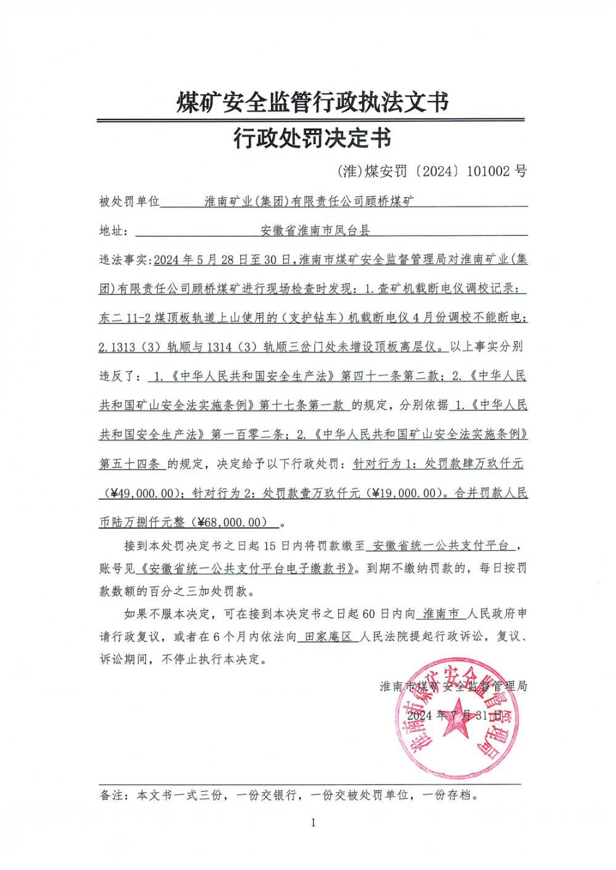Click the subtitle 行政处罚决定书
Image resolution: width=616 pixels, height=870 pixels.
coord(312,138)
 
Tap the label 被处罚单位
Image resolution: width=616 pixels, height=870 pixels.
coord(129,201)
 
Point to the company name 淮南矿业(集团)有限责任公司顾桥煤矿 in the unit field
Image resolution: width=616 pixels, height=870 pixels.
coord(309,201)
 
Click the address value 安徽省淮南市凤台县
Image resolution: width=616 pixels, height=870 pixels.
coord(315,230)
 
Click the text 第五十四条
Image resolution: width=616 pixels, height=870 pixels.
coord(130,464)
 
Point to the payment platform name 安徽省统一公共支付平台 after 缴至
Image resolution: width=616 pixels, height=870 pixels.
coord(441,545)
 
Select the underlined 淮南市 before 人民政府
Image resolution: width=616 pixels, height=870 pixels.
coord(441,614)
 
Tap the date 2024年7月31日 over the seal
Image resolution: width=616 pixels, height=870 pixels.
coord(455,715)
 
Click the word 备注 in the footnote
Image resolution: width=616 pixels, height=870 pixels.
coord(112,795)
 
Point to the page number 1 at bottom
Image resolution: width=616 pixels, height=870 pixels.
coord(313,823)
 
